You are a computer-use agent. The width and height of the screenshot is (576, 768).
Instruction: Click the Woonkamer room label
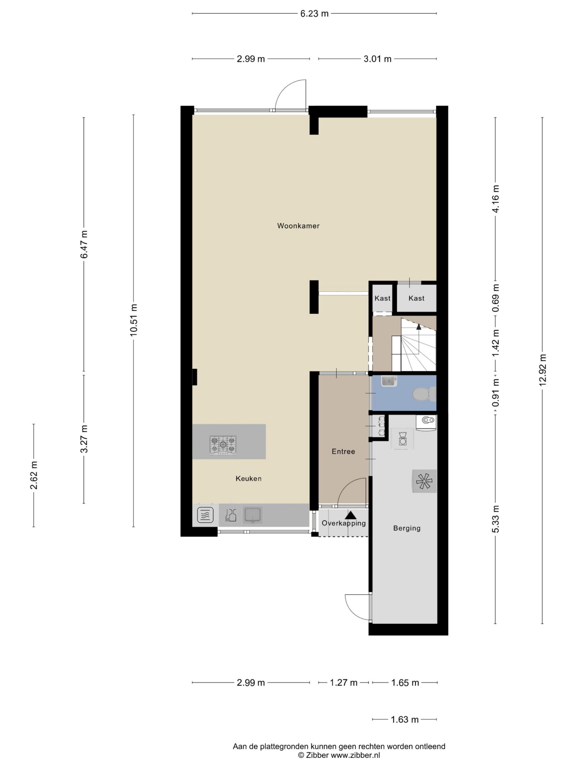pyautogui.click(x=298, y=226)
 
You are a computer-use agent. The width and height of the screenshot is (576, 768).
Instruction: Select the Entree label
pyautogui.click(x=343, y=451)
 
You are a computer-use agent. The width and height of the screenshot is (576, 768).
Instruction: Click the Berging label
pyautogui.click(x=406, y=528)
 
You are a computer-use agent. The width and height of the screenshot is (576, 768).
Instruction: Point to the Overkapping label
pyautogui.click(x=343, y=523)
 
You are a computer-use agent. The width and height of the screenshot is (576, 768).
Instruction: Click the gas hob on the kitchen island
pyautogui.click(x=223, y=445)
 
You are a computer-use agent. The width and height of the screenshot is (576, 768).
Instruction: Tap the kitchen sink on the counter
pyautogui.click(x=252, y=515)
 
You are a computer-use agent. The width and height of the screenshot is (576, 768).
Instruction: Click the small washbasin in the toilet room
pyautogui.click(x=388, y=381)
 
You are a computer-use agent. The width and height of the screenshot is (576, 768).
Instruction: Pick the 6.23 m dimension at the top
pyautogui.click(x=314, y=14)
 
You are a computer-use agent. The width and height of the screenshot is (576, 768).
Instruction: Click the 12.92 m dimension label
pyautogui.click(x=543, y=370)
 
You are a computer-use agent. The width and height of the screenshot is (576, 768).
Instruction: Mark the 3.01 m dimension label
pyautogui.click(x=377, y=59)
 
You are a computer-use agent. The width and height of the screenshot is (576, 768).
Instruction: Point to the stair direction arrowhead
pyautogui.click(x=419, y=326)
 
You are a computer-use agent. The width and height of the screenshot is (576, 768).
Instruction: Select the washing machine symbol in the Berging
pyautogui.click(x=403, y=439)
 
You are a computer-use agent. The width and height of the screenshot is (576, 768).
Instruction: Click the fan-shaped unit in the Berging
pyautogui.click(x=424, y=481)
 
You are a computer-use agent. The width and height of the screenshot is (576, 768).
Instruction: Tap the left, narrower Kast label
pyautogui.click(x=382, y=298)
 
